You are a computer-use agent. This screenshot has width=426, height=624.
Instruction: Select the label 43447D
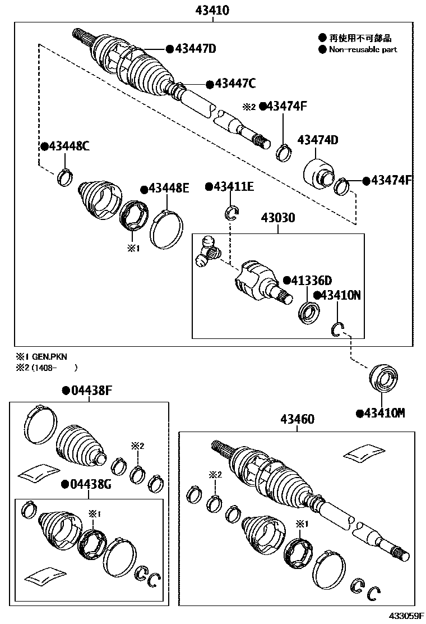(195, 49)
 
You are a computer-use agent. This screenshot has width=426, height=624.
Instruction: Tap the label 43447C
(235, 84)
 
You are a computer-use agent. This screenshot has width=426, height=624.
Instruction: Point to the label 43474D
(318, 140)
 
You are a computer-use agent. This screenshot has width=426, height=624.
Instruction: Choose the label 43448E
(169, 189)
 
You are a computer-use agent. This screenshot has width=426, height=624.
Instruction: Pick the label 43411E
(233, 187)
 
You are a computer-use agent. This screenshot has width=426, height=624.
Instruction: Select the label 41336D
(312, 280)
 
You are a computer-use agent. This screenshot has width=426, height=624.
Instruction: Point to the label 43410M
(384, 414)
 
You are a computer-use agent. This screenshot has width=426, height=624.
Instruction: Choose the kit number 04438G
(91, 484)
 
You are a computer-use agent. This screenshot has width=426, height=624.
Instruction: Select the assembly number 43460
(298, 419)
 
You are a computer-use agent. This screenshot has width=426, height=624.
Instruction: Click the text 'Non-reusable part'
(363, 49)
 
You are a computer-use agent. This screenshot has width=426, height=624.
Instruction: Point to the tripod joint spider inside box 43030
(207, 251)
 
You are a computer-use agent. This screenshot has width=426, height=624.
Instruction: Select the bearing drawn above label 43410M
(383, 379)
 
